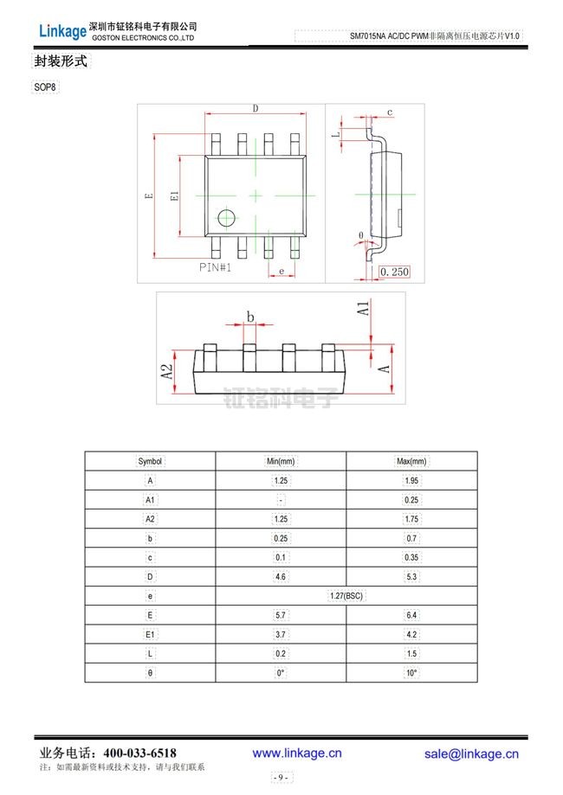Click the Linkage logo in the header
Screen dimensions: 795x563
click(x=62, y=32)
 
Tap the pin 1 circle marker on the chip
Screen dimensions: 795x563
click(x=227, y=217)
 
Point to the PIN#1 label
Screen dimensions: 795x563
click(x=216, y=268)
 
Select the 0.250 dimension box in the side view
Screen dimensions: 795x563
click(x=394, y=272)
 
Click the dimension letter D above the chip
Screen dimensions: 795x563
click(x=256, y=108)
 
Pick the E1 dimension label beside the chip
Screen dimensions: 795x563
click(x=174, y=196)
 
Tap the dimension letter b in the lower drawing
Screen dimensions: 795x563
click(x=249, y=317)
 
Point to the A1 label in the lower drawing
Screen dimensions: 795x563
click(x=365, y=309)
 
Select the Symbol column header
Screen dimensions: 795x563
click(x=150, y=462)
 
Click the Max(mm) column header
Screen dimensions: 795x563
click(x=411, y=462)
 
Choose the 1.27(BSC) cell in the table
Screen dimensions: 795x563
click(x=346, y=596)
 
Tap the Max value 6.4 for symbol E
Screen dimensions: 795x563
click(x=411, y=616)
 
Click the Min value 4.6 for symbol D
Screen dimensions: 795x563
click(x=281, y=577)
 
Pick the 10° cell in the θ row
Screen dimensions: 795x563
click(x=411, y=673)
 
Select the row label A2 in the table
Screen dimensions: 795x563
click(x=150, y=519)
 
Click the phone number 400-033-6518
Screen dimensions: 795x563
click(x=139, y=753)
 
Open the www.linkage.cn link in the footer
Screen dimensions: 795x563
click(x=297, y=753)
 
